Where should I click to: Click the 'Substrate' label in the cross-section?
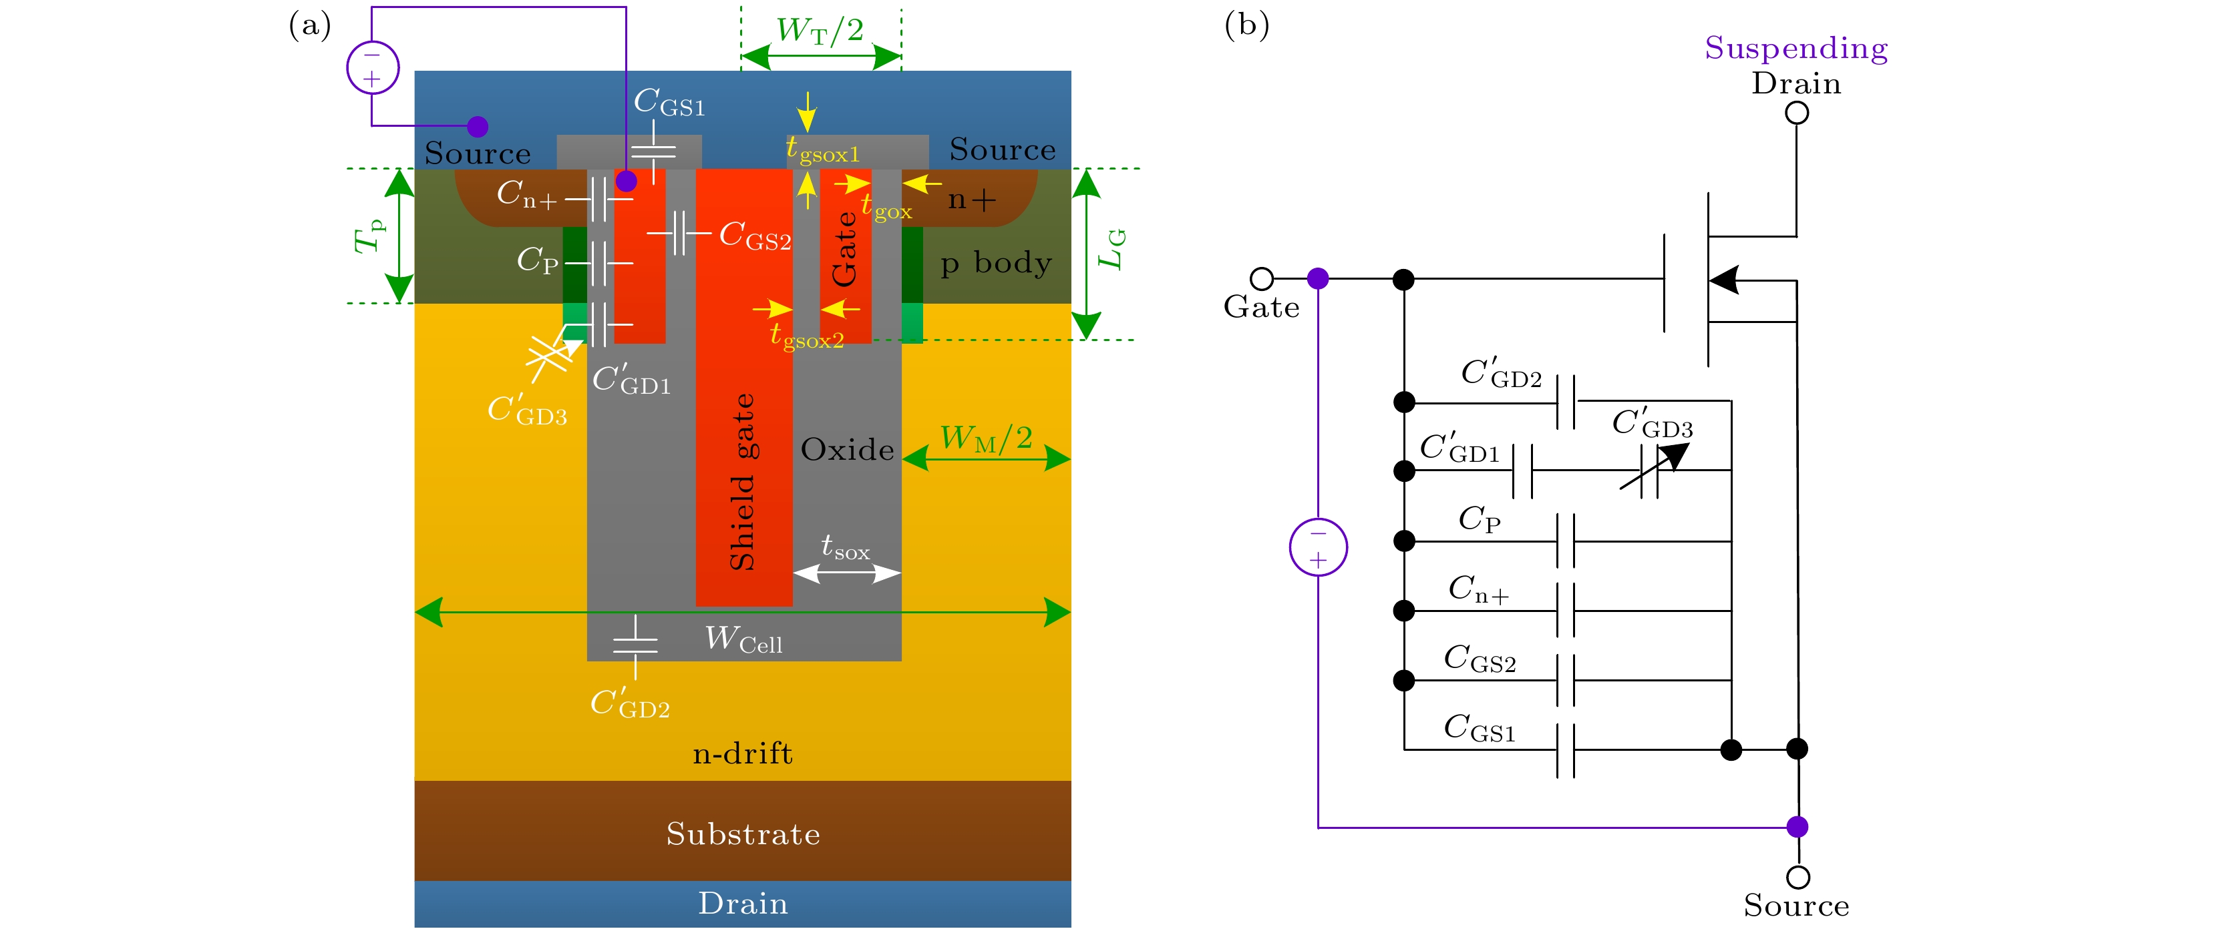pos(743,834)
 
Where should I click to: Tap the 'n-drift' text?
pos(743,753)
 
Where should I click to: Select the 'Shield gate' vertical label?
pos(743,482)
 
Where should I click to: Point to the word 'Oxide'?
pos(847,449)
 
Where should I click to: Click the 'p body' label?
pos(996,262)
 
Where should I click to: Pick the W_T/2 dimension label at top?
pos(820,30)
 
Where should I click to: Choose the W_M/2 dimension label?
pos(986,438)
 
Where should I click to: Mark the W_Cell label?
pos(743,640)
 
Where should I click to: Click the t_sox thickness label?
pos(845,547)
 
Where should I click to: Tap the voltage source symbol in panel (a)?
pos(373,67)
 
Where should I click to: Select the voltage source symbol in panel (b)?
pos(1318,547)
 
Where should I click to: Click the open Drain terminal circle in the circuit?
pos(1797,113)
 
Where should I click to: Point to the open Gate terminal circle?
pos(1262,278)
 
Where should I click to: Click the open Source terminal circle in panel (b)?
pos(1797,877)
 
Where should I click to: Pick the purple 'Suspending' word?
pos(1796,47)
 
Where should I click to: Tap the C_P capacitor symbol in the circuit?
pos(1565,541)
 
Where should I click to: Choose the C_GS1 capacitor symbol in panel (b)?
pos(1565,749)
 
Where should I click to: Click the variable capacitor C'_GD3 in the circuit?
pos(1651,471)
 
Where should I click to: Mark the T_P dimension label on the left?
pos(369,236)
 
